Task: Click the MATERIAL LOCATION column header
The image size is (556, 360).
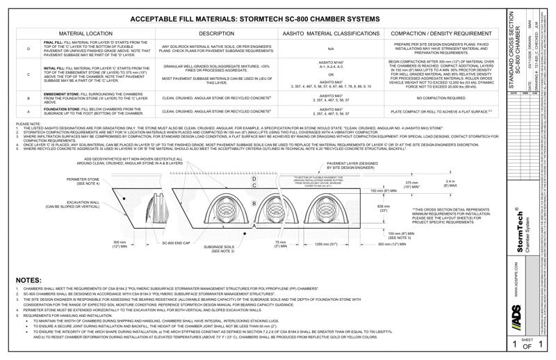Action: pos(90,33)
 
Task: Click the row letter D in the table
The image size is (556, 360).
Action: pos(28,49)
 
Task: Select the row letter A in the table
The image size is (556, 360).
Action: pos(28,111)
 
